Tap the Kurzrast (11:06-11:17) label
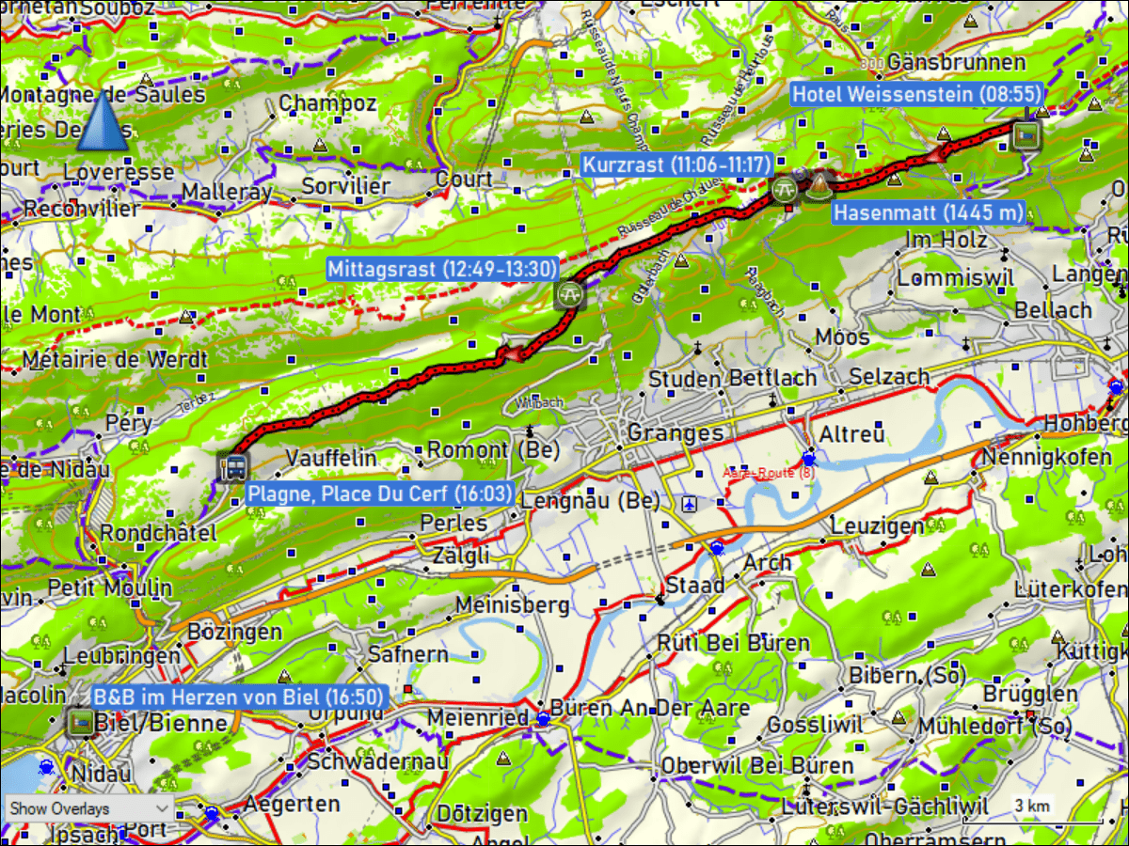point(676,164)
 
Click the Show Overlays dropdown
point(88,808)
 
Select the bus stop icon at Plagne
point(232,466)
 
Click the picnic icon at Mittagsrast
point(569,295)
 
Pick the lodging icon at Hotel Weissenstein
point(1027,135)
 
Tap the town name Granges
point(675,432)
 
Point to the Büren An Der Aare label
point(650,708)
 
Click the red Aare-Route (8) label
point(769,472)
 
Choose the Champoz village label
point(327,102)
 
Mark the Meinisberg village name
point(512,604)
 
